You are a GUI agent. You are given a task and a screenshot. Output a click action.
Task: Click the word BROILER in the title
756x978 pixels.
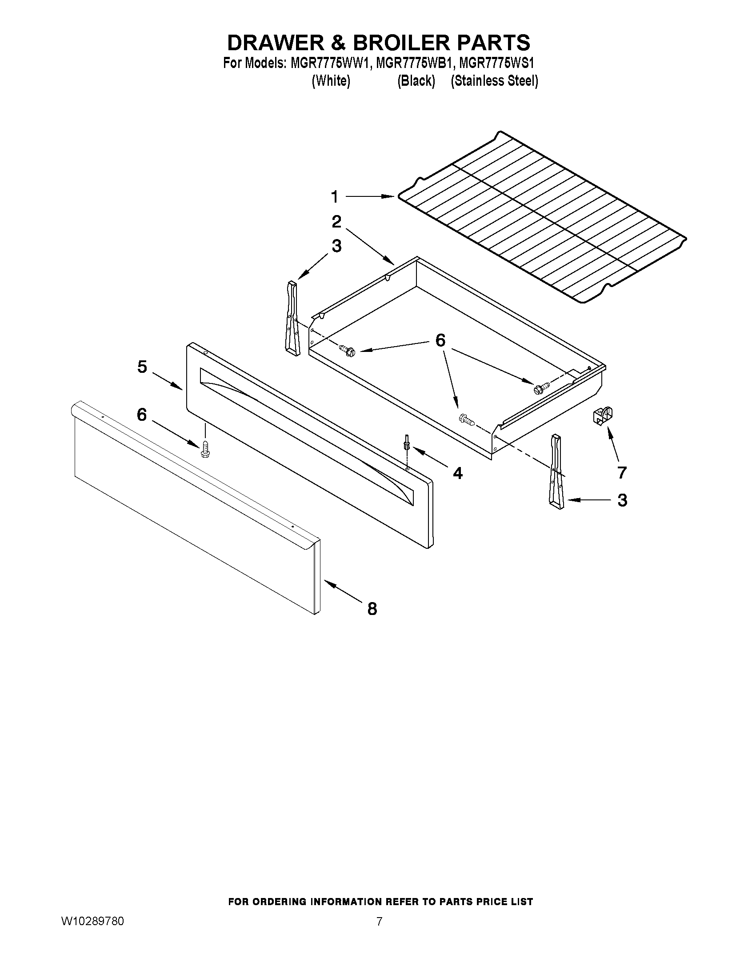(x=400, y=43)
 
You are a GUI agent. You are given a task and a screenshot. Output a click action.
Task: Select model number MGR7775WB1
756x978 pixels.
(x=412, y=63)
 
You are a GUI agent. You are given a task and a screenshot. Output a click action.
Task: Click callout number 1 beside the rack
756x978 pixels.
(x=335, y=196)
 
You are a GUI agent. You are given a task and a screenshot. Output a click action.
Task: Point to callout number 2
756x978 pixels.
(x=336, y=222)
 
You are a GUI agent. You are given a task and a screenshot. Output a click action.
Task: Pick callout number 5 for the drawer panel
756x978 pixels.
(x=142, y=367)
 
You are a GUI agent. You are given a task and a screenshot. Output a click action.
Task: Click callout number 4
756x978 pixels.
(x=457, y=473)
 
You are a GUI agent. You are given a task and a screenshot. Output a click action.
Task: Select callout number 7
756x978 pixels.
(x=622, y=472)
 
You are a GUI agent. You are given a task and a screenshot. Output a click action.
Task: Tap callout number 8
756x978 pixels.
(x=372, y=609)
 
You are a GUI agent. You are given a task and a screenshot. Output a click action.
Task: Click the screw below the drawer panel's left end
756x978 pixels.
(x=206, y=449)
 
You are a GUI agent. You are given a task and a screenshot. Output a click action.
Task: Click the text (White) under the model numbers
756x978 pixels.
(x=331, y=81)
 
